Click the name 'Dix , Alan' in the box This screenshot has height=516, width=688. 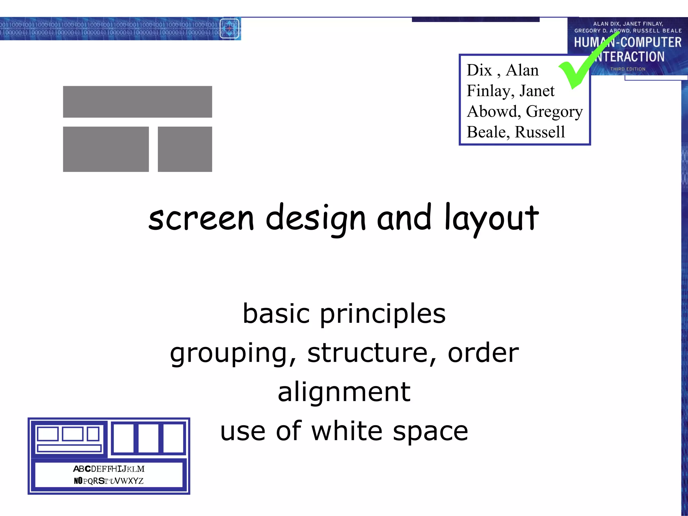[x=503, y=71]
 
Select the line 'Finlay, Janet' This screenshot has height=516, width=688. [x=510, y=91]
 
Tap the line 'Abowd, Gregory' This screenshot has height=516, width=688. [x=524, y=112]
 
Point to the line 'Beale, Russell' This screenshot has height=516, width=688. [x=516, y=132]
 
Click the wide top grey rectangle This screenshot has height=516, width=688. [x=137, y=102]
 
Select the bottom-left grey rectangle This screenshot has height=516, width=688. [x=106, y=149]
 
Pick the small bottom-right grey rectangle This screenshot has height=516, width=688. [x=185, y=149]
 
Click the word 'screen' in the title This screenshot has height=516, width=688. [x=201, y=218]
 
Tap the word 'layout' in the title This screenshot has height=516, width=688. [x=492, y=218]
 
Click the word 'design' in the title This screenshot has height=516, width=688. [x=315, y=218]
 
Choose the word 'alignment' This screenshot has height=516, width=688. [x=344, y=392]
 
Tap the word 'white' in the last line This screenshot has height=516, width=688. [x=347, y=431]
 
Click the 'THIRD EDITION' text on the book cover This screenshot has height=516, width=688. [x=628, y=69]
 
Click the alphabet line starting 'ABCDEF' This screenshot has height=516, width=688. [x=109, y=469]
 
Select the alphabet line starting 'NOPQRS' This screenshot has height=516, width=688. [x=109, y=481]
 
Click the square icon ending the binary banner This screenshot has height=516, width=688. [x=229, y=29]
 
